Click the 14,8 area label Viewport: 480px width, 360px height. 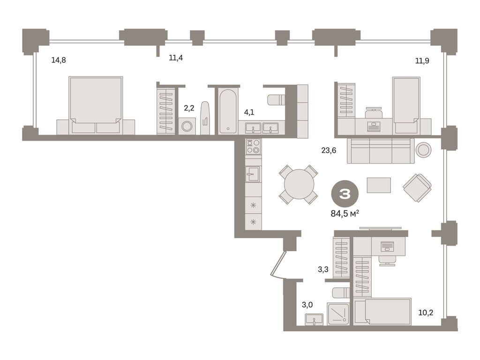pyautogui.click(x=59, y=60)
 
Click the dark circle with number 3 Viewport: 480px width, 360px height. pyautogui.click(x=345, y=194)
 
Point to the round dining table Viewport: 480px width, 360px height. pyautogui.click(x=299, y=184)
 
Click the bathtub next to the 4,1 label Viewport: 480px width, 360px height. pyautogui.click(x=228, y=111)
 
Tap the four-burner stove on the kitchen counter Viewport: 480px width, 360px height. pyautogui.click(x=253, y=147)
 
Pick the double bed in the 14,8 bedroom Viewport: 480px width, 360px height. pyautogui.click(x=96, y=105)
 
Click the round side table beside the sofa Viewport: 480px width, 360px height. pyautogui.click(x=423, y=150)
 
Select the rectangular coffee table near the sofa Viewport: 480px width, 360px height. pyautogui.click(x=378, y=185)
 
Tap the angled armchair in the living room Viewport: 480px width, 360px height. pyautogui.click(x=417, y=187)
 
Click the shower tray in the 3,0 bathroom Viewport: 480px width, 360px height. pyautogui.click(x=338, y=314)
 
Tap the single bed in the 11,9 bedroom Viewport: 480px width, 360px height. pyautogui.click(x=405, y=105)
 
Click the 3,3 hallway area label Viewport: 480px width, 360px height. pyautogui.click(x=323, y=270)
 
